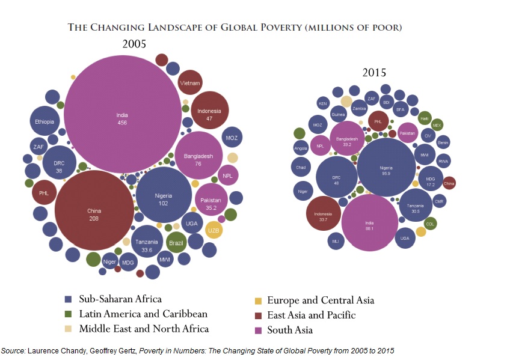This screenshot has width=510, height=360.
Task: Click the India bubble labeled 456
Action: (x=122, y=117)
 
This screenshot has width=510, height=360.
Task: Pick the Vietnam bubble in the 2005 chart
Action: (x=190, y=83)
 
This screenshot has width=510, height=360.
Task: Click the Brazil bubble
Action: (x=176, y=243)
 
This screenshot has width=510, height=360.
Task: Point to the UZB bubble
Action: (x=214, y=230)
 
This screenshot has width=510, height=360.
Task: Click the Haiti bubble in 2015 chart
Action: (x=425, y=118)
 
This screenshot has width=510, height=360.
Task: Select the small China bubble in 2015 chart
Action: (x=449, y=183)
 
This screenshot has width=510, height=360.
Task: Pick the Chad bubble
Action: (x=301, y=167)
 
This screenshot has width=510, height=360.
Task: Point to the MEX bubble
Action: (x=437, y=125)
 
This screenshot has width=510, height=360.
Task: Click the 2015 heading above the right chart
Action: (x=374, y=73)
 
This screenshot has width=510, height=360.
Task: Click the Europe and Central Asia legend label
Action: (x=320, y=301)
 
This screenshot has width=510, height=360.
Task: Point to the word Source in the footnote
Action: (x=13, y=350)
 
